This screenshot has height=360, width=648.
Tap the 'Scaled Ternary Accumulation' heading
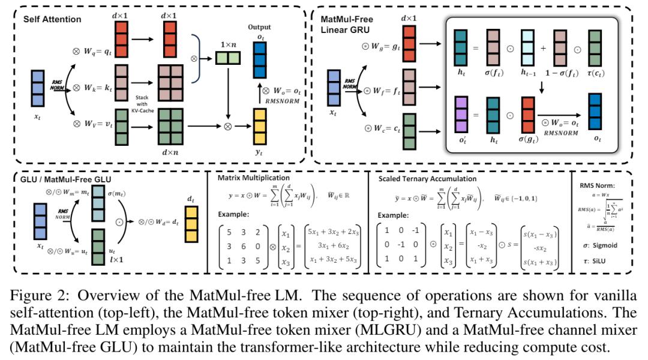tap(427, 179)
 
